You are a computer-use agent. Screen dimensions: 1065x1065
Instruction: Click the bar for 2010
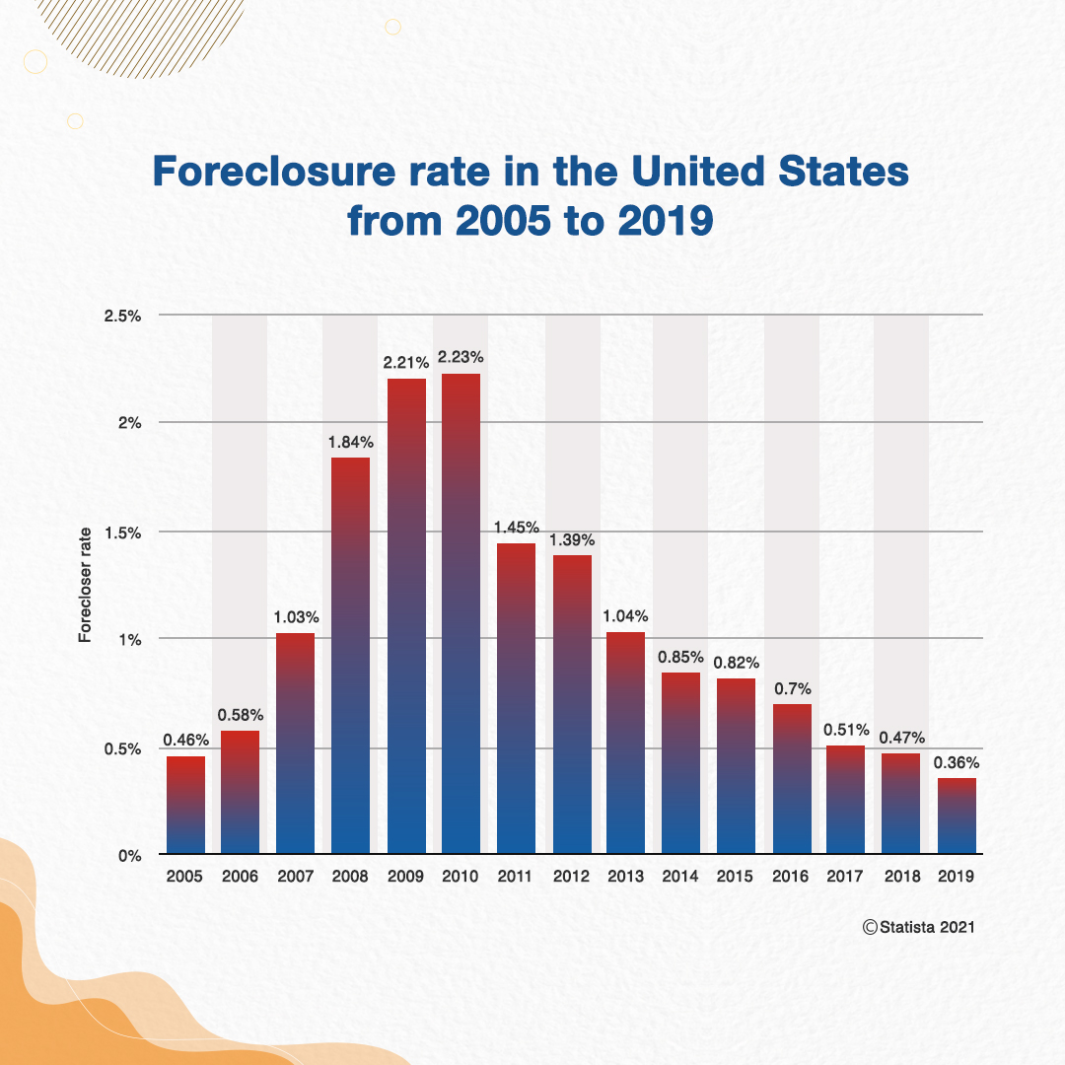[461, 613]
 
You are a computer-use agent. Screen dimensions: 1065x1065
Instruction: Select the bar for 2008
[350, 656]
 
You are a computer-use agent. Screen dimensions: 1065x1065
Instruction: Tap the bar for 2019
[956, 816]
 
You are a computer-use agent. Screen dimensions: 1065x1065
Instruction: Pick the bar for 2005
[185, 805]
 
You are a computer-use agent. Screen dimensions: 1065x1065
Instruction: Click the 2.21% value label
[405, 363]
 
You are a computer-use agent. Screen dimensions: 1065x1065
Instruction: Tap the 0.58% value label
[241, 714]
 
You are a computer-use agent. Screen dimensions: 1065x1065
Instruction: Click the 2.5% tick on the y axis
[124, 316]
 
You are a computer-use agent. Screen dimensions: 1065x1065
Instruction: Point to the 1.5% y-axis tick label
[124, 532]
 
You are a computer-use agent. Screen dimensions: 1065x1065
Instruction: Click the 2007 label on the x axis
[295, 876]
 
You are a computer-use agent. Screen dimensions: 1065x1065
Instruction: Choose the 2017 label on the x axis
[845, 876]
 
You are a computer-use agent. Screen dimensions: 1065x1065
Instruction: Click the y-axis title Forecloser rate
[85, 586]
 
